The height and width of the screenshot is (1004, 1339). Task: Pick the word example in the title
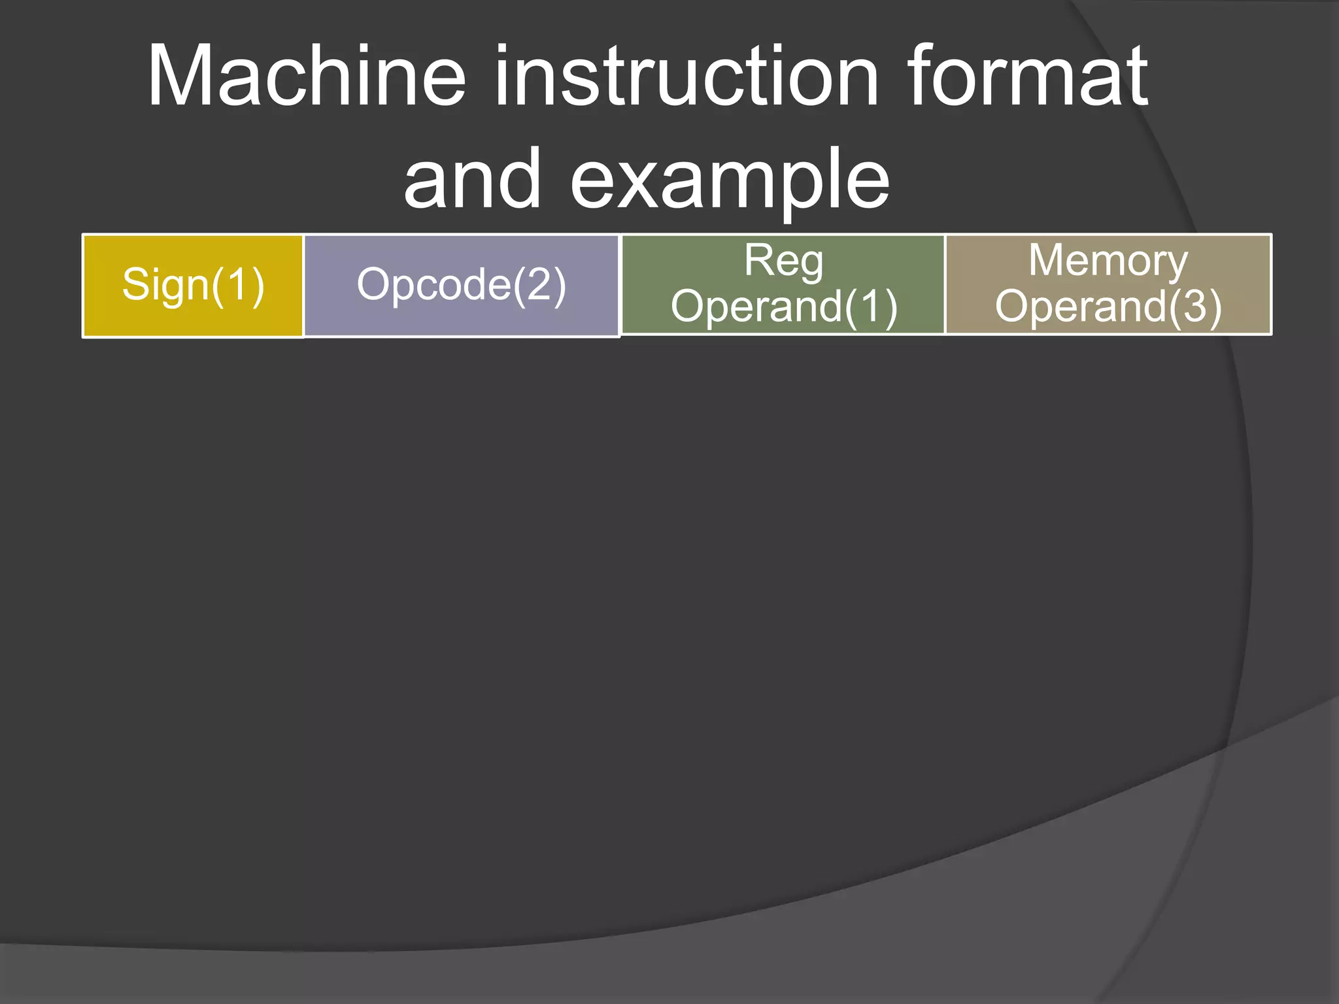730,180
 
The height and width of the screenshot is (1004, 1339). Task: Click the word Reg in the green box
783,261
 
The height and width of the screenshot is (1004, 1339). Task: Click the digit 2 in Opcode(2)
540,284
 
